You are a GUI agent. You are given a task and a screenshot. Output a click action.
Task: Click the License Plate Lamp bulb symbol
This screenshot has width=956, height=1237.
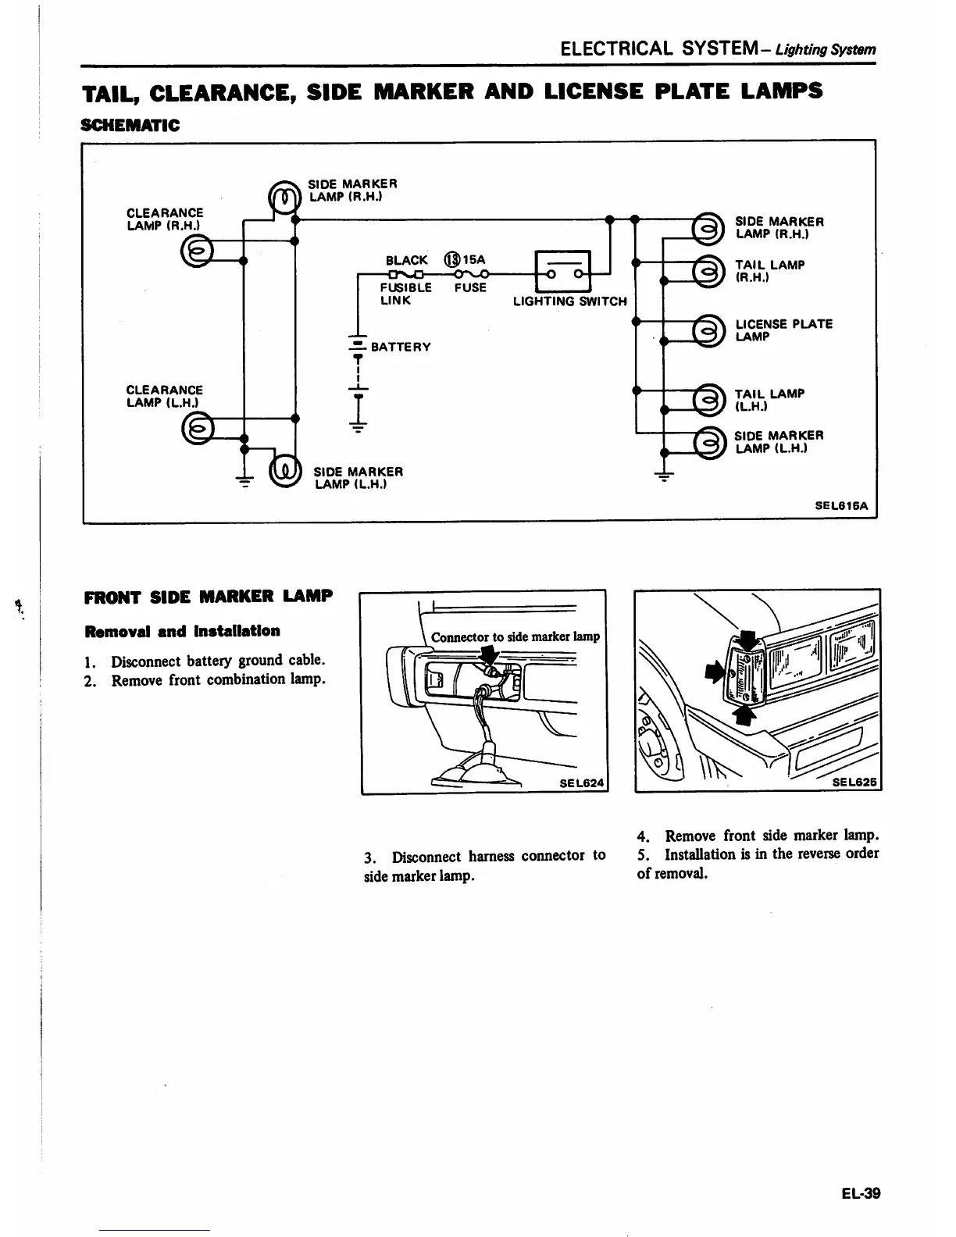pyautogui.click(x=708, y=330)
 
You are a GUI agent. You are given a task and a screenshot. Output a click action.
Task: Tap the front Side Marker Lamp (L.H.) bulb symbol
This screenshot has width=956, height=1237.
pyautogui.click(x=284, y=470)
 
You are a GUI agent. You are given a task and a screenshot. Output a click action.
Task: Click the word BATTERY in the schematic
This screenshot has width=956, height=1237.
pyautogui.click(x=401, y=347)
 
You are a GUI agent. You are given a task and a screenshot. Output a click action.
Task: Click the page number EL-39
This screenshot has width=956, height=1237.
pyautogui.click(x=861, y=1193)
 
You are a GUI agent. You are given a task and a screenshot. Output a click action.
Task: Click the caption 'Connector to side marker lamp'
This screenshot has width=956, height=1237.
pyautogui.click(x=515, y=636)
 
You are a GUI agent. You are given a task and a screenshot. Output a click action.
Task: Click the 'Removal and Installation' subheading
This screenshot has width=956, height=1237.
pyautogui.click(x=181, y=630)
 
